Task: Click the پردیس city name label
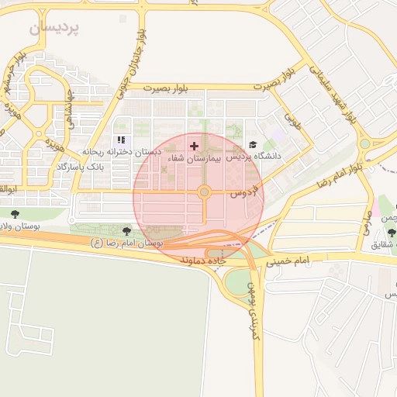point(55,29)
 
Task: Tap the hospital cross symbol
point(194,146)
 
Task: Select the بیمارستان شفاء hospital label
point(194,157)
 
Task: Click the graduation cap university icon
point(253,145)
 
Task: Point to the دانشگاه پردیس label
point(254,156)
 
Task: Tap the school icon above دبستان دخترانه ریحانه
point(120,140)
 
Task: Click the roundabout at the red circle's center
point(204,192)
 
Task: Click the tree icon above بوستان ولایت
point(15,214)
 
